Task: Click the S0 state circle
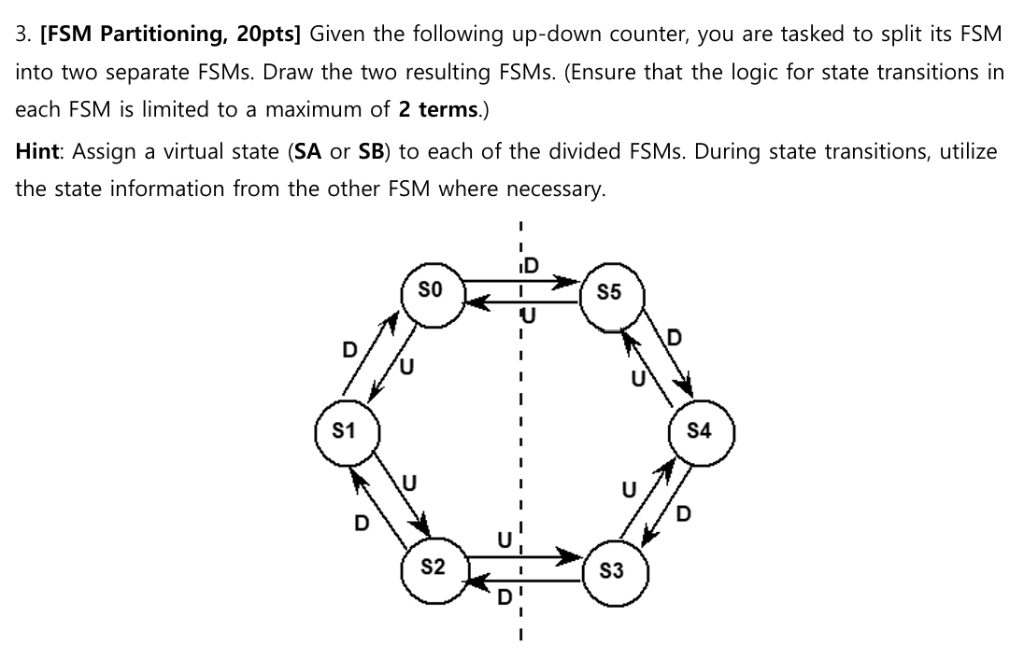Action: [x=433, y=292]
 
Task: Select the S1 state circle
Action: [x=345, y=432]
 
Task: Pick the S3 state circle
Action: [x=611, y=571]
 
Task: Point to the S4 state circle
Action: [x=699, y=431]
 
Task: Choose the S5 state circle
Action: [x=608, y=292]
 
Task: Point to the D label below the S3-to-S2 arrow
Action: [x=504, y=596]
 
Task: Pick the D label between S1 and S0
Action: [x=348, y=350]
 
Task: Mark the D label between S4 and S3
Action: [x=686, y=512]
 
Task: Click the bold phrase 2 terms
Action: [x=437, y=109]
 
